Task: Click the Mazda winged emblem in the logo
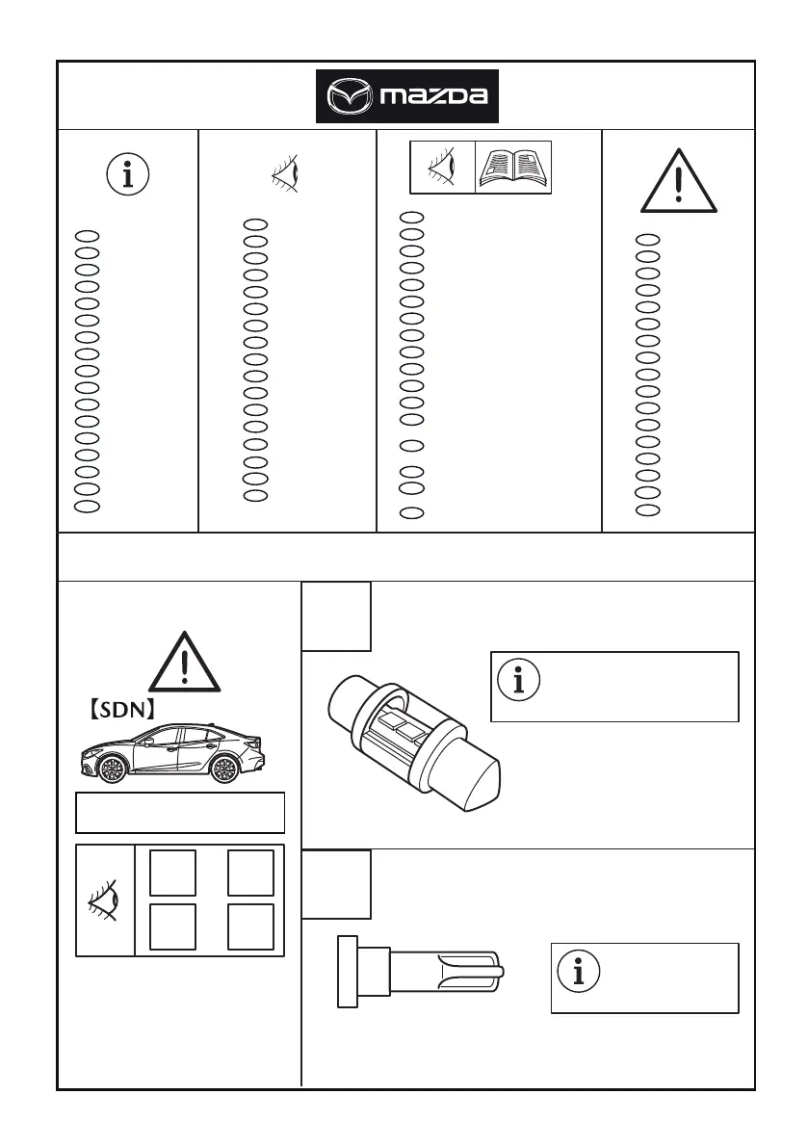(x=348, y=96)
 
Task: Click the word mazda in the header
(x=433, y=96)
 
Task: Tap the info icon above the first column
(x=127, y=175)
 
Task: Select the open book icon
(x=514, y=168)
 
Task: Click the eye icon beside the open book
(x=442, y=168)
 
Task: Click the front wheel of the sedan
(x=112, y=769)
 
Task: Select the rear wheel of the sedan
(x=223, y=769)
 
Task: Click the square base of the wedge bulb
(x=348, y=972)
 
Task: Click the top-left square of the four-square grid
(x=173, y=873)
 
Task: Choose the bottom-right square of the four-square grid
(x=250, y=926)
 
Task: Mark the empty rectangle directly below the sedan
(x=180, y=812)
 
